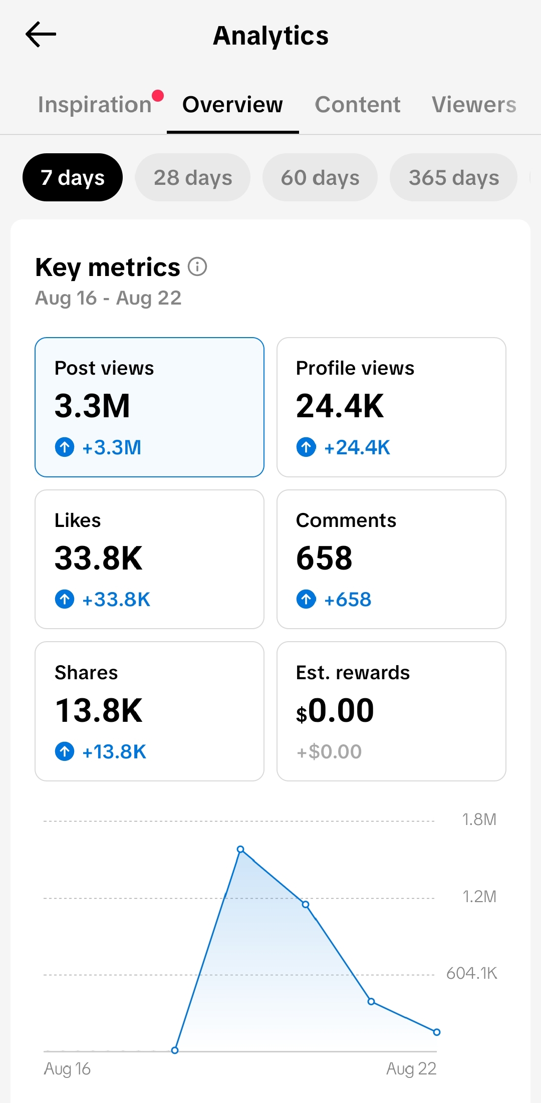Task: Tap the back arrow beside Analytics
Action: pyautogui.click(x=41, y=35)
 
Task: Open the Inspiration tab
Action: pyautogui.click(x=95, y=105)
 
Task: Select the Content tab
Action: pyautogui.click(x=358, y=105)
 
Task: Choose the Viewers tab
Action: pyautogui.click(x=474, y=105)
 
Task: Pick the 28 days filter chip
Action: pyautogui.click(x=193, y=177)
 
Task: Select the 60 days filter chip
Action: pyautogui.click(x=320, y=177)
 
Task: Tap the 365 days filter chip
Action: pyautogui.click(x=454, y=177)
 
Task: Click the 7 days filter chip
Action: pyautogui.click(x=73, y=177)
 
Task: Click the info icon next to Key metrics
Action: pyautogui.click(x=197, y=266)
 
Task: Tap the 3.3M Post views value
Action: pyautogui.click(x=92, y=406)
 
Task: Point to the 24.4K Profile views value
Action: pyautogui.click(x=340, y=406)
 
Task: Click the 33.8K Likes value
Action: pyautogui.click(x=99, y=558)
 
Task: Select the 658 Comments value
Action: pyautogui.click(x=324, y=558)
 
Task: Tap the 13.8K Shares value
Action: pyautogui.click(x=99, y=710)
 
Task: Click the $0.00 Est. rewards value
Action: pyautogui.click(x=335, y=710)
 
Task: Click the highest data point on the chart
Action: pyautogui.click(x=240, y=849)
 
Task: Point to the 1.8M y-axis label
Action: pyautogui.click(x=479, y=819)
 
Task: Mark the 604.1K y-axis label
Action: pyautogui.click(x=472, y=973)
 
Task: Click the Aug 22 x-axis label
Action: pyautogui.click(x=411, y=1069)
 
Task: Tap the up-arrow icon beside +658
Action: pyautogui.click(x=306, y=599)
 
